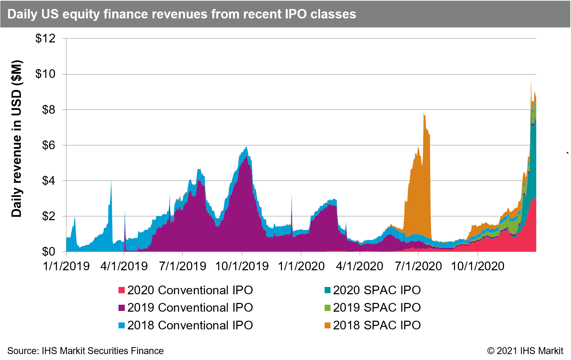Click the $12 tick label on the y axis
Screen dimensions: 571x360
tap(46, 39)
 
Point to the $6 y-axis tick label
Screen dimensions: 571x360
tap(49, 145)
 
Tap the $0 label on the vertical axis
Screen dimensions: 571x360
tap(49, 252)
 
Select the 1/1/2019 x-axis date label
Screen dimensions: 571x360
tap(66, 266)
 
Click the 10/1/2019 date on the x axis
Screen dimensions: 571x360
tap(242, 266)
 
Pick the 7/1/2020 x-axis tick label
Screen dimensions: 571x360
tap(418, 266)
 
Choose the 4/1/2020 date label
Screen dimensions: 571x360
tap(360, 266)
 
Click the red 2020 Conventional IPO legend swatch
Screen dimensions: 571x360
tap(122, 290)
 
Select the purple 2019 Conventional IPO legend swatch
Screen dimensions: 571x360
tap(122, 308)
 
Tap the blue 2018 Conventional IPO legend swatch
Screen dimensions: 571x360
tap(122, 325)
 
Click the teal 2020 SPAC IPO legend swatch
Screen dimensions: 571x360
tap(328, 290)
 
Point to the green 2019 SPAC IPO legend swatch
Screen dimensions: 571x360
tap(328, 308)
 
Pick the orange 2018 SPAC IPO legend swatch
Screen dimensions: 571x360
tap(328, 325)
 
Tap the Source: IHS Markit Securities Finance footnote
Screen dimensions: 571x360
tap(85, 351)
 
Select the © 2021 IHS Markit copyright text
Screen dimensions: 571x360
tap(525, 351)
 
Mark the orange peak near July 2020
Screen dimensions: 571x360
tap(424, 113)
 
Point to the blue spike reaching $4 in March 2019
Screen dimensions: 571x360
tap(111, 181)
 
